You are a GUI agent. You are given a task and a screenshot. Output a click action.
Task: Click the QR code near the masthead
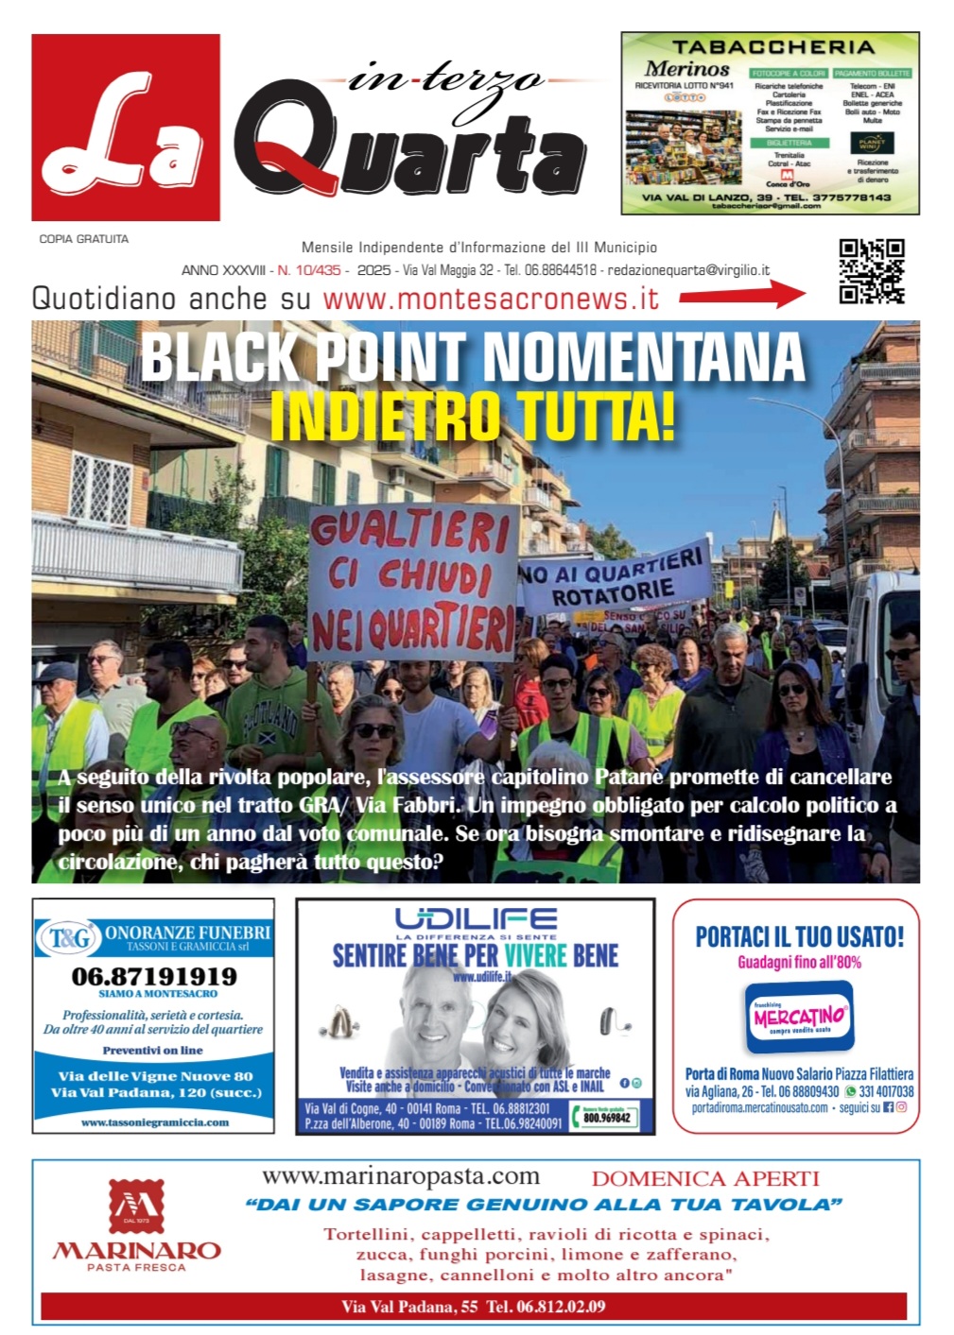[871, 271]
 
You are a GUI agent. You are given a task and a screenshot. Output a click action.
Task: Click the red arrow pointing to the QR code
[742, 296]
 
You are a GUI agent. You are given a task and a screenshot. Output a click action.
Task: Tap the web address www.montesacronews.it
[490, 299]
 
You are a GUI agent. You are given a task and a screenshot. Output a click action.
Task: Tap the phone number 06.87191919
[154, 976]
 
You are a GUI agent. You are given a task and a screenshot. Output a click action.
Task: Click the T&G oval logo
[70, 938]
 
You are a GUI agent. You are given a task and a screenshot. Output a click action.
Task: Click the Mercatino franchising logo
[799, 1017]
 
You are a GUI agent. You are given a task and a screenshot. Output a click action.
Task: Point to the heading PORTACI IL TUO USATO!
[799, 936]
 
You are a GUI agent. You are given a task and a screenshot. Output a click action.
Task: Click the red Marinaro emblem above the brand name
[135, 1207]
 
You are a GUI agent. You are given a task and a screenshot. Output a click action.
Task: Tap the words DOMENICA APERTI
[704, 1178]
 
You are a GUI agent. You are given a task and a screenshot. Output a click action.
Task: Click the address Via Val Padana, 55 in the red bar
[409, 1307]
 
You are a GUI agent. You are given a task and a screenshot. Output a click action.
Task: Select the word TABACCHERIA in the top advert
[772, 46]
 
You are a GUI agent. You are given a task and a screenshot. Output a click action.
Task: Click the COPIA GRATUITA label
[83, 239]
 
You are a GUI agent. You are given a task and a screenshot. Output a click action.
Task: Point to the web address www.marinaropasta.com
[401, 1176]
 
